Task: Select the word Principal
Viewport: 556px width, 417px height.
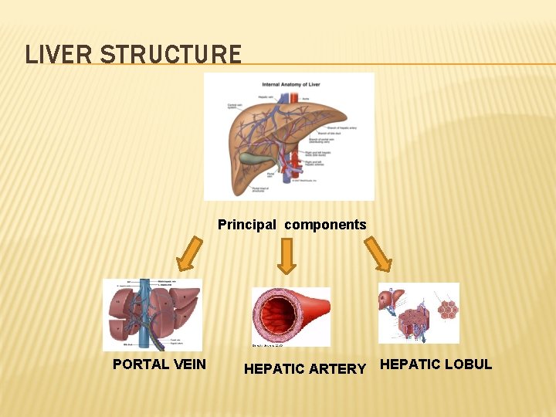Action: pos(246,225)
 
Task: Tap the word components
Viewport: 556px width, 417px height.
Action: pos(325,225)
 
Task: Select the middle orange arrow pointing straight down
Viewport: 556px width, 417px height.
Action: pos(286,256)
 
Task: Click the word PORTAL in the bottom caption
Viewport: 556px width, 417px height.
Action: pos(139,364)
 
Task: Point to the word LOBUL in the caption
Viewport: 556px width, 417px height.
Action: pos(466,364)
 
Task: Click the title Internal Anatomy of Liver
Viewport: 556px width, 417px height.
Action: pos(291,83)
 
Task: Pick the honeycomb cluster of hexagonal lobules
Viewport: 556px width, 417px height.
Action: pos(447,309)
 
